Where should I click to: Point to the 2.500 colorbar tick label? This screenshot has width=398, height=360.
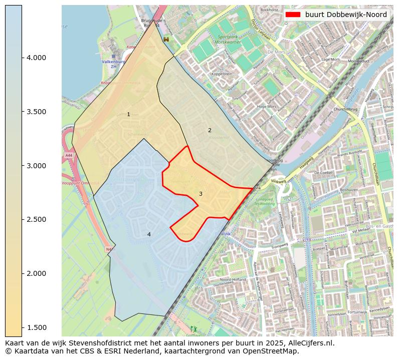tap(36, 219)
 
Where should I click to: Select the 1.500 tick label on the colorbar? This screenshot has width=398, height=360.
tap(36, 327)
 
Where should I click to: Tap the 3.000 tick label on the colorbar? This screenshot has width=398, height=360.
tap(36, 166)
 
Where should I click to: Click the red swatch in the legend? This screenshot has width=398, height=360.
tap(293, 15)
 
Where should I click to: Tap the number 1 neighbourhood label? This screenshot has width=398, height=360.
tap(128, 115)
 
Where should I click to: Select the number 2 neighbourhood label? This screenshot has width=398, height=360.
tap(210, 130)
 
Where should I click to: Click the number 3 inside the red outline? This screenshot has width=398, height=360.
tap(201, 194)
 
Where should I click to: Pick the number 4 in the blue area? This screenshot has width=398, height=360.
tap(149, 234)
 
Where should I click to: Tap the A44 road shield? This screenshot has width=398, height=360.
tap(68, 156)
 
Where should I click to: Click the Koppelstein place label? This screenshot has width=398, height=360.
tap(223, 74)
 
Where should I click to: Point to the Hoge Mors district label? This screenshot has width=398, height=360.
tap(266, 107)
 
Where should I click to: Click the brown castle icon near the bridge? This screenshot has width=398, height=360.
tap(166, 39)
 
